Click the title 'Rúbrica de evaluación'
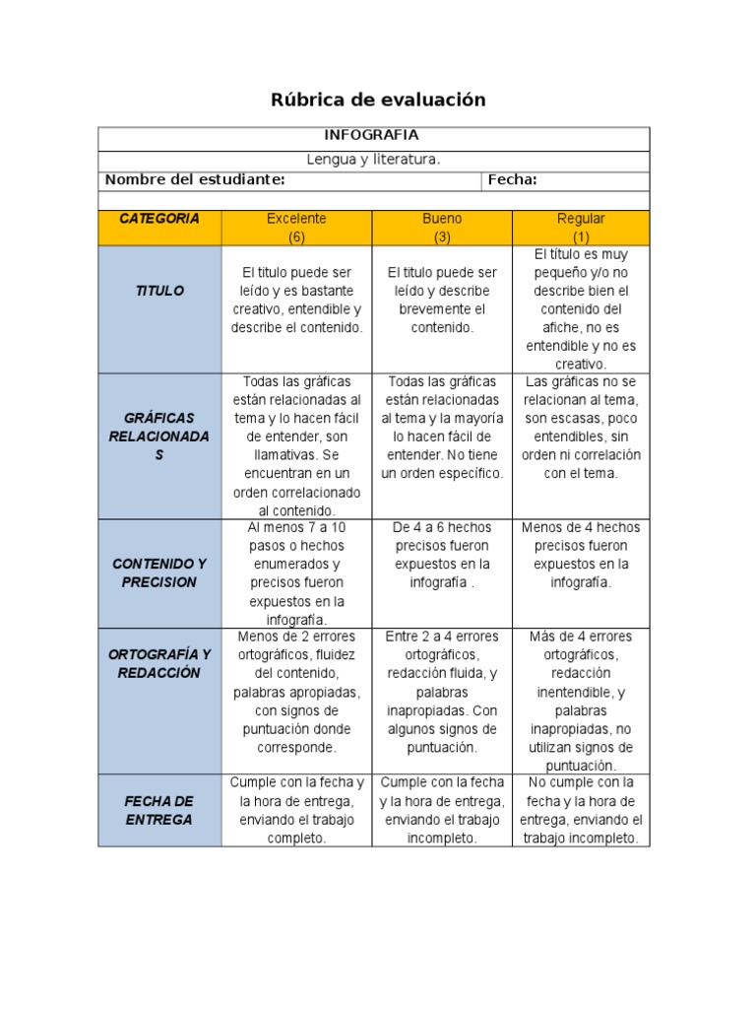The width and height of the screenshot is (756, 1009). click(x=378, y=100)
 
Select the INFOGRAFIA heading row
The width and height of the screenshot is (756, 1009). click(x=372, y=135)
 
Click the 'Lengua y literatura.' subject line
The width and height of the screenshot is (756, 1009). click(x=373, y=159)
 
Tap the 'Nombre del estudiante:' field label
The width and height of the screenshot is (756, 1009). click(x=195, y=179)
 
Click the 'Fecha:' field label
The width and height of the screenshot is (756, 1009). click(x=512, y=179)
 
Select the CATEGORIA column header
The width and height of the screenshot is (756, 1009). click(x=159, y=219)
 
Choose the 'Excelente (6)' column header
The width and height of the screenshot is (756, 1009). click(x=296, y=228)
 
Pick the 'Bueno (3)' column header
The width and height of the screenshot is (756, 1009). click(x=442, y=228)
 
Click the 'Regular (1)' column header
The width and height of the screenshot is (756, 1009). click(x=581, y=228)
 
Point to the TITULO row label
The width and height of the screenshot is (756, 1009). click(x=159, y=292)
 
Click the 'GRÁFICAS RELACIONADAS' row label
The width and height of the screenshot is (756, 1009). click(x=159, y=437)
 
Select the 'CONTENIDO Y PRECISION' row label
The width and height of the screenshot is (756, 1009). click(x=159, y=572)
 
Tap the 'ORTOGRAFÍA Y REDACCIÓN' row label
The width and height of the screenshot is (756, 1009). click(x=159, y=663)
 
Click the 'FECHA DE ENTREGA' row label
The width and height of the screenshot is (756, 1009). click(x=159, y=810)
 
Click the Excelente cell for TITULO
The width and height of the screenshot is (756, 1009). click(x=296, y=301)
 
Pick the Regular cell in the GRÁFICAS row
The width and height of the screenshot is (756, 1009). click(x=581, y=427)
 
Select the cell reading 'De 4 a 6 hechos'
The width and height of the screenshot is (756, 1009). click(x=442, y=555)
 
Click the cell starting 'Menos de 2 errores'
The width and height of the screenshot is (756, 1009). click(x=296, y=692)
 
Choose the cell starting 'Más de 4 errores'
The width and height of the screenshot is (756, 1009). click(x=581, y=701)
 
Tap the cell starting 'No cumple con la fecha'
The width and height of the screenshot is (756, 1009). click(x=581, y=810)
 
